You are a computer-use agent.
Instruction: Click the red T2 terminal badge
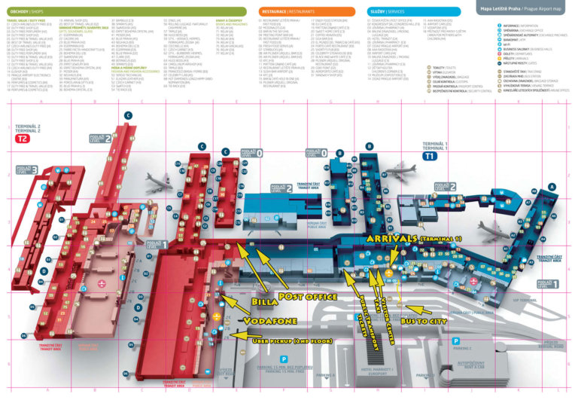[x=24, y=139]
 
